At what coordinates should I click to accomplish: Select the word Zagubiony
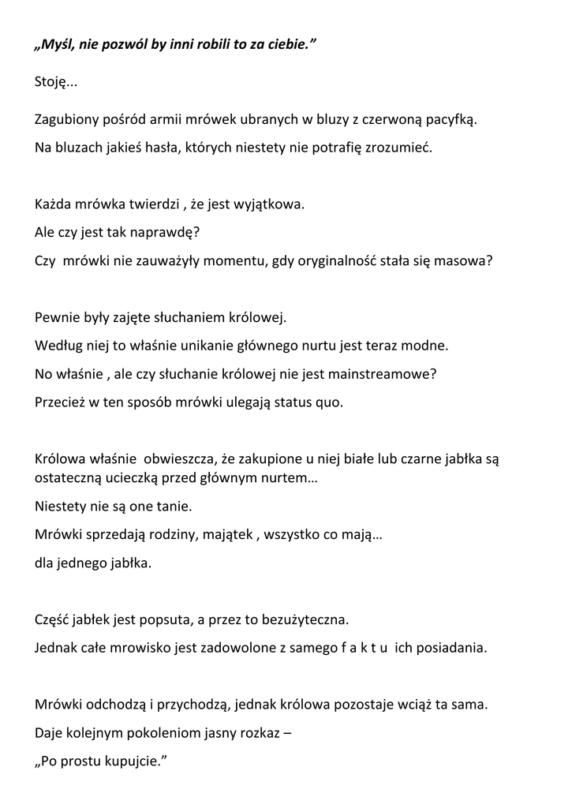tap(65, 120)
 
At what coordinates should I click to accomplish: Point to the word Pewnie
tap(57, 318)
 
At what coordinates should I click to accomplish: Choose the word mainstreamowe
tap(387, 373)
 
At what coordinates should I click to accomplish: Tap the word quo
tap(330, 401)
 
